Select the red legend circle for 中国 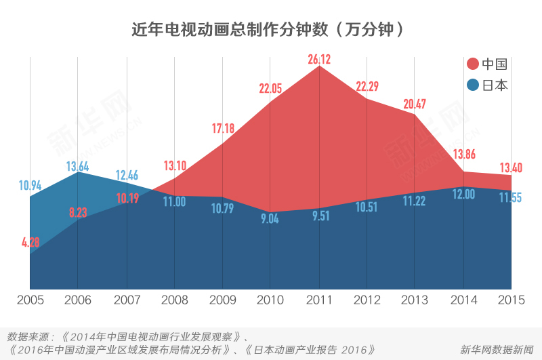473,64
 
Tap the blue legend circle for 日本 473,85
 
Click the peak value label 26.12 318,60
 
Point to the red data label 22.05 270,88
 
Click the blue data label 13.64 77,166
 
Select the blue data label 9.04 270,219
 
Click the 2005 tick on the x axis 30,300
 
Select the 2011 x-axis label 318,300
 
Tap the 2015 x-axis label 512,300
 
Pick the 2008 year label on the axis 174,300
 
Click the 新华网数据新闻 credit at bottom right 496,350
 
